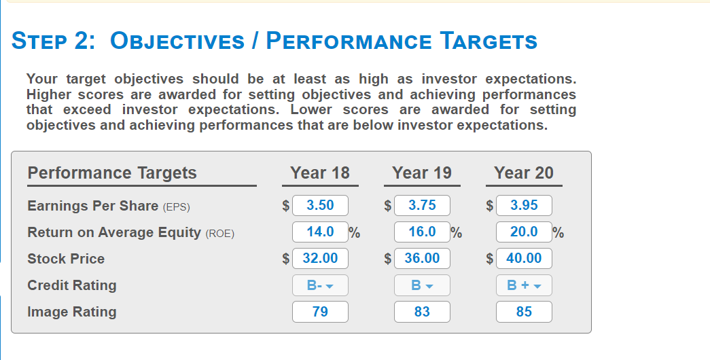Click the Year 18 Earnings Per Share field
pyautogui.click(x=320, y=205)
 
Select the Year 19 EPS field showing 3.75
pyautogui.click(x=422, y=205)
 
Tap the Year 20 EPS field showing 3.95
pyautogui.click(x=524, y=205)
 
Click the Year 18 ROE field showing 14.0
pyautogui.click(x=320, y=232)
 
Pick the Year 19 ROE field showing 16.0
pyautogui.click(x=422, y=232)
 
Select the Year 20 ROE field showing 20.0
pyautogui.click(x=524, y=232)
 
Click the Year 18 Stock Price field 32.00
pyautogui.click(x=320, y=258)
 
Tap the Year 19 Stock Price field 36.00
pyautogui.click(x=422, y=258)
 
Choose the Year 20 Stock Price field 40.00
pyautogui.click(x=524, y=258)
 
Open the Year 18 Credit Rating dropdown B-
pyautogui.click(x=320, y=285)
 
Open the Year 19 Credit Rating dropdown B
pyautogui.click(x=422, y=285)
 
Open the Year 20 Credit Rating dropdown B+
pyautogui.click(x=524, y=285)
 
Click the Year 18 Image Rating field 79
pyautogui.click(x=320, y=312)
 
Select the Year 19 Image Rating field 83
pyautogui.click(x=422, y=312)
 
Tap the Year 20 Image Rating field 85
pyautogui.click(x=524, y=312)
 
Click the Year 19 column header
pyautogui.click(x=422, y=173)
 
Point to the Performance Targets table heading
pyautogui.click(x=112, y=173)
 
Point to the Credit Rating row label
pyautogui.click(x=72, y=285)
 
